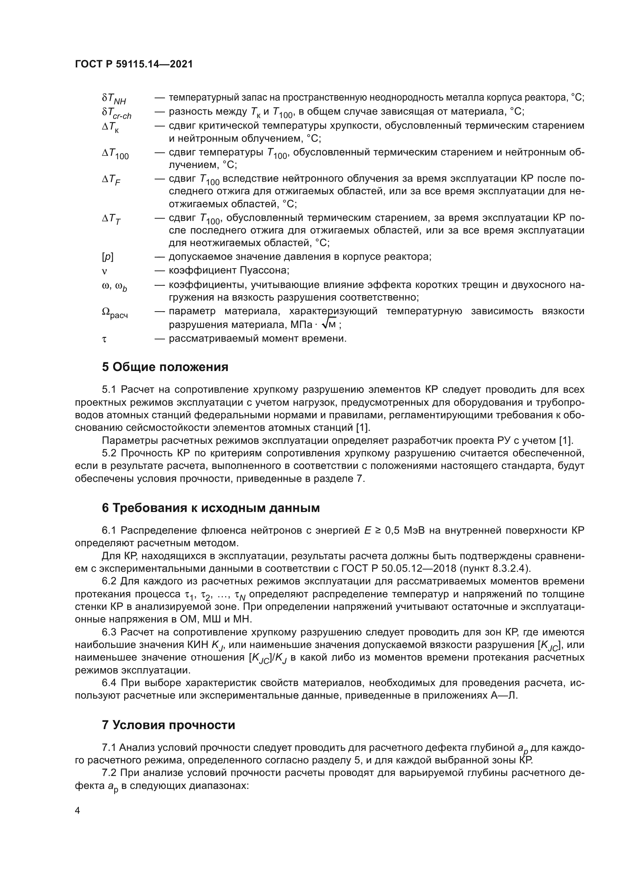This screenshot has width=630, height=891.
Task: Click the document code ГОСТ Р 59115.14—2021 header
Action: (x=134, y=64)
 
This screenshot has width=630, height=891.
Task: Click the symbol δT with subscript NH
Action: (x=114, y=99)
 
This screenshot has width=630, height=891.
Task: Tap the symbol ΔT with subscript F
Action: (x=111, y=180)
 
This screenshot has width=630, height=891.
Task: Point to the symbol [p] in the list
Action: (x=107, y=257)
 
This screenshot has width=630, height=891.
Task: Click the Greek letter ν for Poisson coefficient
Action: (x=104, y=270)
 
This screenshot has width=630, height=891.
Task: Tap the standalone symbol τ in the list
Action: (x=104, y=339)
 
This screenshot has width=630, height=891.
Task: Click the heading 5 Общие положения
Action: (x=165, y=367)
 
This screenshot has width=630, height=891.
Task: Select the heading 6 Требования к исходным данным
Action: (x=211, y=508)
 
